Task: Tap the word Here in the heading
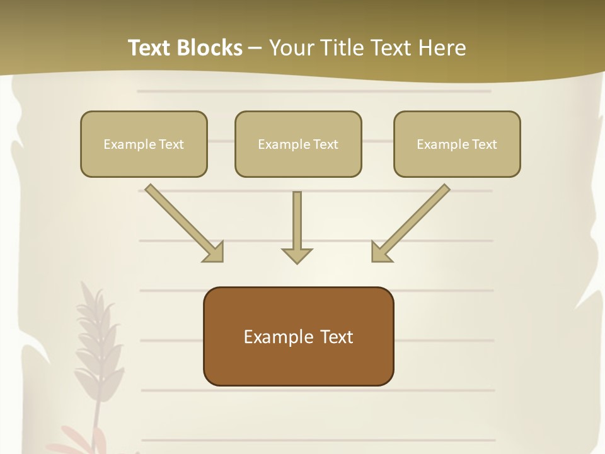442,48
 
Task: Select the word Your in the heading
290,48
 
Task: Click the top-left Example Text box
144,144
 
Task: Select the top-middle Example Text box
298,144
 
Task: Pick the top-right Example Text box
457,144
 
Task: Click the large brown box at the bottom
298,336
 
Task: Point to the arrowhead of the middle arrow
297,255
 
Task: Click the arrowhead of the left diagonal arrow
214,252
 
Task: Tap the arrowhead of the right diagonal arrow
380,252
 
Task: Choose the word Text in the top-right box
484,144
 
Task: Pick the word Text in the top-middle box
325,144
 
